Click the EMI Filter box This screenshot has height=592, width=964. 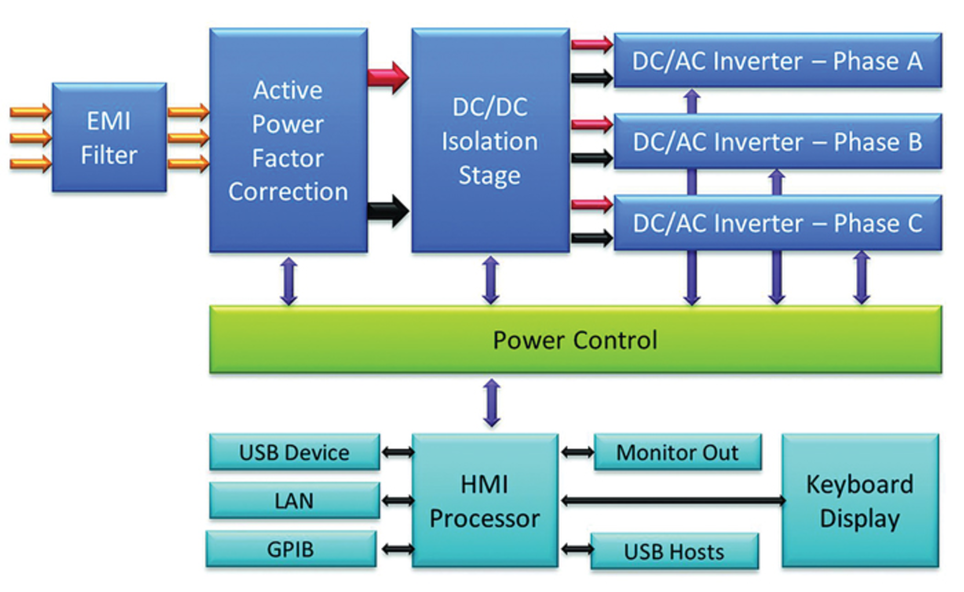coord(109,137)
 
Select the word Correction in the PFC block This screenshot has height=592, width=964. coord(288,192)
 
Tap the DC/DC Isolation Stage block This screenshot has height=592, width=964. coord(490,141)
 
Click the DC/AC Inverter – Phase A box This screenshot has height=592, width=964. coord(777,61)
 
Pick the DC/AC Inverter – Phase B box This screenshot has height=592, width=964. coord(777,142)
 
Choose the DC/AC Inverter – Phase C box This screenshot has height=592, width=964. coord(777,223)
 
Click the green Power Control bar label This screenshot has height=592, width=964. coord(575,340)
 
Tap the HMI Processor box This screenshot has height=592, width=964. coord(485,501)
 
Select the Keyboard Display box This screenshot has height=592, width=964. coord(860,501)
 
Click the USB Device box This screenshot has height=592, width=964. coord(294,452)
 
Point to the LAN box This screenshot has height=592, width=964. coord(294,501)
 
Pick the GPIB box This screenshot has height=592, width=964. coord(291,549)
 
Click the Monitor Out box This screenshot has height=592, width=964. coord(677,452)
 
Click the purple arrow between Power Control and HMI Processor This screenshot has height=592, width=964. coord(492,403)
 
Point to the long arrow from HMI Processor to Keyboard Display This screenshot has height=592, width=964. coord(673,500)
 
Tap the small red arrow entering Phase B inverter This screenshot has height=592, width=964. coord(591,124)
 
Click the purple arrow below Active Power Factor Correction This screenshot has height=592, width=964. coord(289,281)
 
